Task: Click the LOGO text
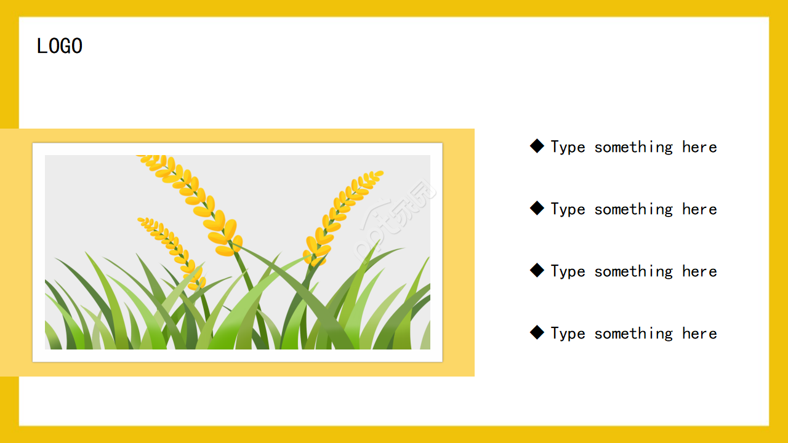(60, 46)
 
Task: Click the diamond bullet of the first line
(537, 146)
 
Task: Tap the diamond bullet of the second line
(537, 208)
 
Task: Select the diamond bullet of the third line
(537, 270)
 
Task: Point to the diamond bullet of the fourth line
(537, 332)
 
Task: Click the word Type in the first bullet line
(568, 147)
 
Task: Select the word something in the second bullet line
(633, 210)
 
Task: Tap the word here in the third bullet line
(699, 271)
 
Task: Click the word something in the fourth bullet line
(633, 333)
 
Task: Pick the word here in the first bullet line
(699, 147)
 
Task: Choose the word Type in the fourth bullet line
(568, 333)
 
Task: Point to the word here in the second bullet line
(699, 209)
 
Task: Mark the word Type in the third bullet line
(568, 272)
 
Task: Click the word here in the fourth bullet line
(699, 333)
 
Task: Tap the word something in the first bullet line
(633, 147)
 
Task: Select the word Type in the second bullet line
(568, 210)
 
